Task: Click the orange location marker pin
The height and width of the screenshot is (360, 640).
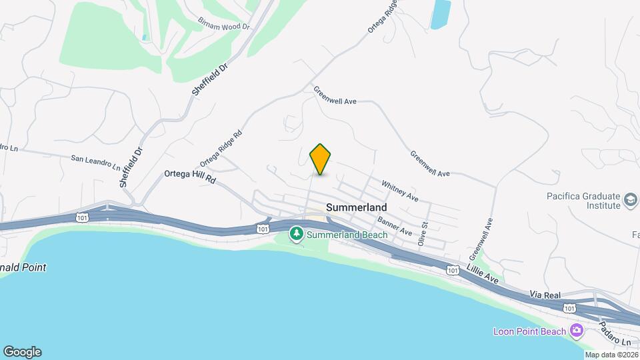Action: [x=321, y=159]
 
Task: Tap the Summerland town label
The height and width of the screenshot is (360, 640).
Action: [x=357, y=207]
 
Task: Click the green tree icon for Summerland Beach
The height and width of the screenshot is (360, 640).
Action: [x=296, y=234]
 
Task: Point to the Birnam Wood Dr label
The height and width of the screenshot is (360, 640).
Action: [x=223, y=24]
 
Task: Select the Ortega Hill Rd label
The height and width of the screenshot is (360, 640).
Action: [x=191, y=177]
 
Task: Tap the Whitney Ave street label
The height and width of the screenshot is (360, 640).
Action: [x=400, y=191]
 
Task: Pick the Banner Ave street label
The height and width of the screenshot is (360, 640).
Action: [x=395, y=226]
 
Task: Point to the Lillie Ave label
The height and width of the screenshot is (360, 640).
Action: [x=481, y=275]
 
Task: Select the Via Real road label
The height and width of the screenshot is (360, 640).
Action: [x=546, y=294]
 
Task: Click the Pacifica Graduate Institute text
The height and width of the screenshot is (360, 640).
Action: [x=583, y=201]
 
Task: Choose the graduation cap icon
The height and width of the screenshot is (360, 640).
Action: [x=630, y=199]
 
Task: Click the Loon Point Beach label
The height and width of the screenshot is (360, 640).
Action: [x=529, y=331]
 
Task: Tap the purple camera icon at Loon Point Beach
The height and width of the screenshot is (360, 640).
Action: [x=576, y=331]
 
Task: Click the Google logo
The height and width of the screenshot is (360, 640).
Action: [x=22, y=351]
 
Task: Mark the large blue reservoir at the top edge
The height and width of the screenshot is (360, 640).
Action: [x=440, y=14]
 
